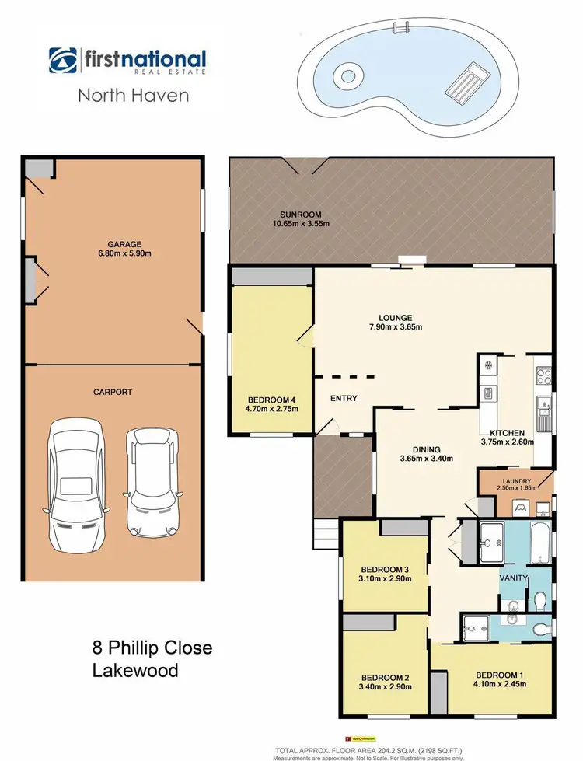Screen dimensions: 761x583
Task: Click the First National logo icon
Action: coord(61,61)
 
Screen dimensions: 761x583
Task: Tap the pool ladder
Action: coord(403,30)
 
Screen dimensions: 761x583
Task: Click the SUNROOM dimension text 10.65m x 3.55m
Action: coord(301,224)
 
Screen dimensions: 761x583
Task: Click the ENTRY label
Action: coord(344,399)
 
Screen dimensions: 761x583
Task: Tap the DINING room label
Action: coord(427,449)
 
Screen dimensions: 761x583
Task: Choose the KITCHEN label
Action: coord(507,433)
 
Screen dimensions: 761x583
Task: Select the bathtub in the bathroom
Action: coord(541,542)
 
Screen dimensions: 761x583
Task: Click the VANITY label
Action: coord(514,578)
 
